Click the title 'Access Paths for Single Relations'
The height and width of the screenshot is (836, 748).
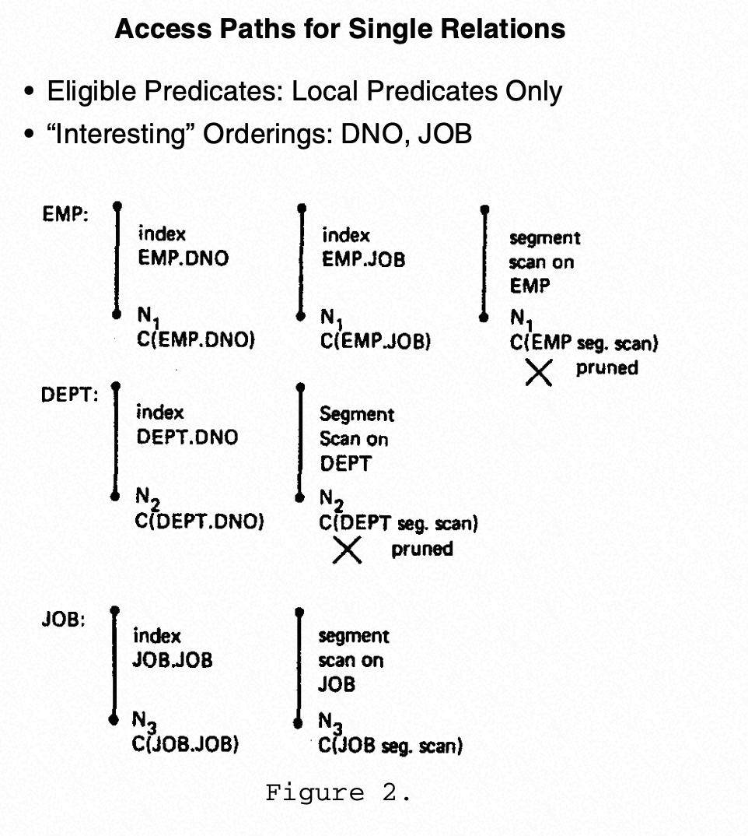pos(340,30)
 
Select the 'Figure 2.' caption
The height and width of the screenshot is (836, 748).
pos(338,793)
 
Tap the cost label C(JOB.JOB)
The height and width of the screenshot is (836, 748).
pos(187,744)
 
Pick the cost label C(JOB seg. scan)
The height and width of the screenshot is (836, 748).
pos(391,746)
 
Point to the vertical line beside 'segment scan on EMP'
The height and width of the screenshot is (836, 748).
pos(484,263)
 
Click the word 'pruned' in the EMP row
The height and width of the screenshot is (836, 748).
pos(606,367)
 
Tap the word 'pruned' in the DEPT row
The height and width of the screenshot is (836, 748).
pos(421,549)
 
